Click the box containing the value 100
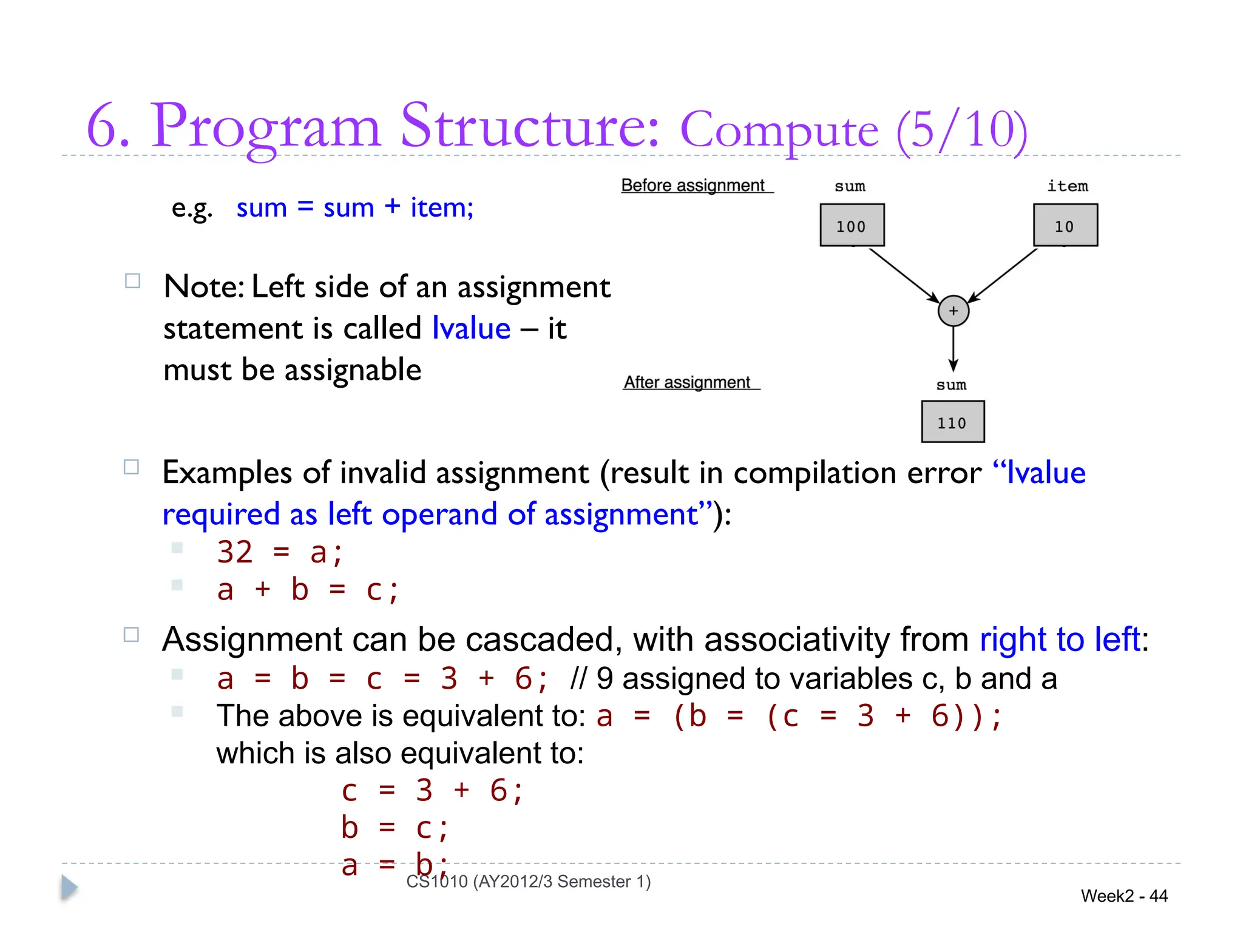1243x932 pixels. point(852,225)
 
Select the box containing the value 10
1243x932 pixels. point(1065,225)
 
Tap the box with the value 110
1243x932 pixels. point(952,422)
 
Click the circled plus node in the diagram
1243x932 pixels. point(953,311)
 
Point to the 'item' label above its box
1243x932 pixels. point(1067,186)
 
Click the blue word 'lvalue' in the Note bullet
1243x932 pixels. point(471,328)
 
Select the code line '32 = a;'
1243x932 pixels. point(280,552)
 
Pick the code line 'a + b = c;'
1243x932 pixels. point(308,590)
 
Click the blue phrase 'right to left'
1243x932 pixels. point(1060,640)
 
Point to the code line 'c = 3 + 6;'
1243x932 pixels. point(432,791)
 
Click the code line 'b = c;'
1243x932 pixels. point(395,828)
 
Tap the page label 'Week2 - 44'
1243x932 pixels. point(1124,896)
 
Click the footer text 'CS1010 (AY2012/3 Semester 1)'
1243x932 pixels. point(528,882)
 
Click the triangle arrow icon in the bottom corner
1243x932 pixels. point(69,888)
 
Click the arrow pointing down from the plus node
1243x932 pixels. point(953,349)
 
